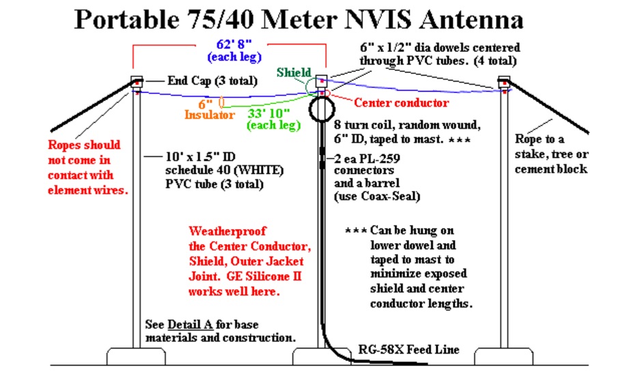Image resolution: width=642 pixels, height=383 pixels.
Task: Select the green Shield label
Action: (294, 73)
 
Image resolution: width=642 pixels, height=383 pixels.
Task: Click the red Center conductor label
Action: (402, 103)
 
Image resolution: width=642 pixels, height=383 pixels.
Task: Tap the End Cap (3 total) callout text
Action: (209, 81)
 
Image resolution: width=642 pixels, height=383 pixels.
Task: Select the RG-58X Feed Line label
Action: (409, 350)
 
